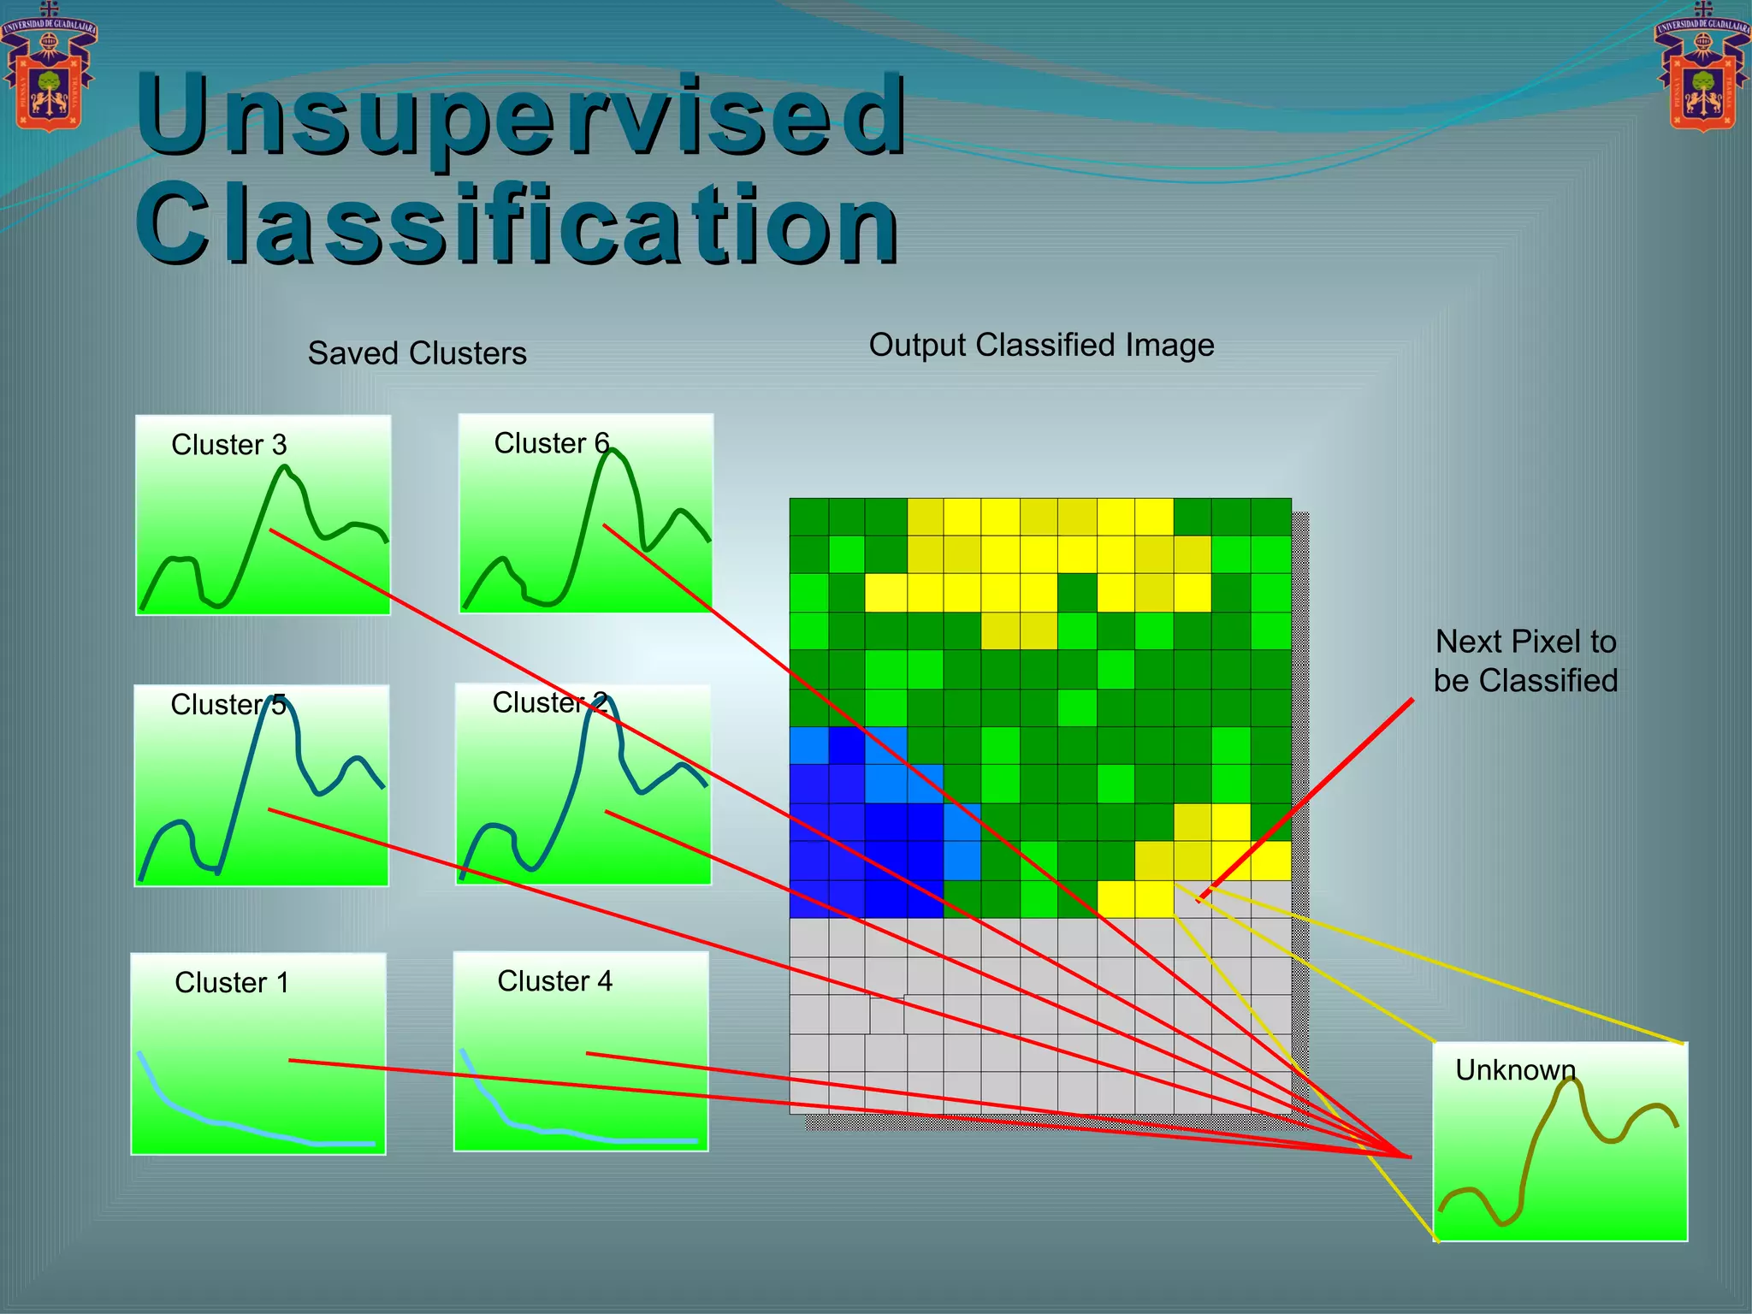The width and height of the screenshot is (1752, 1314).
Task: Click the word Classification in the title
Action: pos(517,224)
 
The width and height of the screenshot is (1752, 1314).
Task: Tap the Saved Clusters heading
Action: pos(417,353)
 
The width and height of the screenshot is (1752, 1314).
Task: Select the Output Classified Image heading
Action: pos(1041,345)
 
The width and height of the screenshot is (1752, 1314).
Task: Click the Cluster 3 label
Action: pos(228,445)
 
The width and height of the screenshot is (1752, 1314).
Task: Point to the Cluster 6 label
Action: pos(551,443)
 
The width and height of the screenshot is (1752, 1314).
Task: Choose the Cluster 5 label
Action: pos(228,705)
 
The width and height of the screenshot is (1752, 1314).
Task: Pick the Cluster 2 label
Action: pos(550,702)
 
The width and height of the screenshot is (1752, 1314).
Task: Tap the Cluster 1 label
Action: pos(231,982)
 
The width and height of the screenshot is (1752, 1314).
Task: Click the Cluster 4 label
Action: pos(554,980)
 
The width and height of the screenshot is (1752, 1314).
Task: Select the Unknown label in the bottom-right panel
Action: pos(1515,1069)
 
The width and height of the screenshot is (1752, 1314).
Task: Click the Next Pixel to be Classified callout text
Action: pos(1525,660)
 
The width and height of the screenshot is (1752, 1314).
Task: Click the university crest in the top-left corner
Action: pos(49,68)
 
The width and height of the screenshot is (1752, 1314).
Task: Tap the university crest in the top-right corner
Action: pos(1702,68)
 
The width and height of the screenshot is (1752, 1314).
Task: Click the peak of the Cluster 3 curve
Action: pos(285,468)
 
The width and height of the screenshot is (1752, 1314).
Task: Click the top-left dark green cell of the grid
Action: pos(808,517)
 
